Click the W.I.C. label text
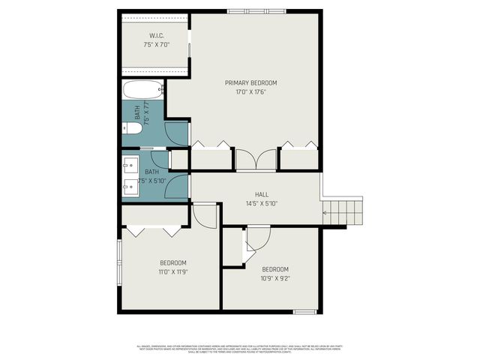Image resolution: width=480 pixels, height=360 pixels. (156, 35)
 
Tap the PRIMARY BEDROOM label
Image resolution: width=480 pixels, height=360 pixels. (250, 82)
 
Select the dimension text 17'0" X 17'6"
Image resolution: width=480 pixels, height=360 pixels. (250, 91)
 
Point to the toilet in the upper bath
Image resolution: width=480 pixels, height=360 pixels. (133, 129)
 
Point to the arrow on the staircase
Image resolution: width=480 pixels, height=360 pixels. (325, 213)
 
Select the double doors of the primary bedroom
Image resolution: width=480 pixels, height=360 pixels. (256, 160)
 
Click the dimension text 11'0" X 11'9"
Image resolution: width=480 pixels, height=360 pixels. (172, 272)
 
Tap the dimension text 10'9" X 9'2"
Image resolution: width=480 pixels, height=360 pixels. (274, 278)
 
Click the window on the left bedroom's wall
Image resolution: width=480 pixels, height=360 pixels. (118, 262)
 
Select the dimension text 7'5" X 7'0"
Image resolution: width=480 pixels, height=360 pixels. (156, 44)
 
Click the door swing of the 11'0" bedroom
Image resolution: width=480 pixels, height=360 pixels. (205, 215)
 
